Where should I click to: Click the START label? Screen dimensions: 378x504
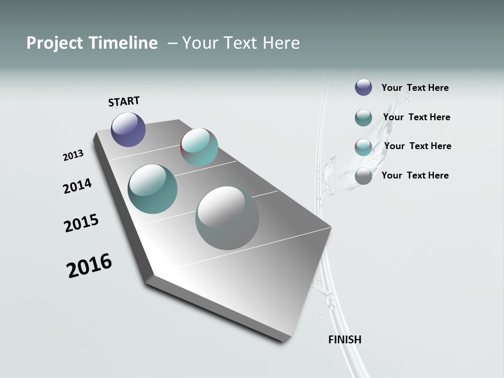124,101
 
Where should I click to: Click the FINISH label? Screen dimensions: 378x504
344,340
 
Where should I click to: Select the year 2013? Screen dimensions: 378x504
73,155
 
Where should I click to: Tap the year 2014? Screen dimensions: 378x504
77,186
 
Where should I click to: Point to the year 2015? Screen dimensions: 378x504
81,223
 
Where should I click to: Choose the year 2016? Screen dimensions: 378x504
89,266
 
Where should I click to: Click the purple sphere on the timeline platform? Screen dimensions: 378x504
128,129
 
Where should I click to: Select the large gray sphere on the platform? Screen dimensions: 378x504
227,217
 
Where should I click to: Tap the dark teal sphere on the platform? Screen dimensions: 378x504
152,189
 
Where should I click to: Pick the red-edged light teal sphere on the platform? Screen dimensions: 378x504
199,147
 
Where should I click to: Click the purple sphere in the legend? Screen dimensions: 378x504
363,87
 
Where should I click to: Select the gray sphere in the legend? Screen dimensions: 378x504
363,176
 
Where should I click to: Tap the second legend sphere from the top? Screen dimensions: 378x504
363,118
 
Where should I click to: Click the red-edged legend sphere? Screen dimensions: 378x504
363,147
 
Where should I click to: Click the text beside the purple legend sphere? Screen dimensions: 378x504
415,88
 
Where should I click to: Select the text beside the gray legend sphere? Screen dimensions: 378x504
415,175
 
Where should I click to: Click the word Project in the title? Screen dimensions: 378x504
54,43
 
